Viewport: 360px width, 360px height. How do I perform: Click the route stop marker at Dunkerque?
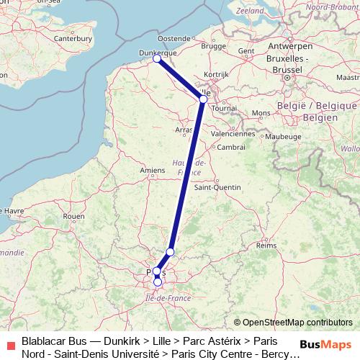coord(157,59)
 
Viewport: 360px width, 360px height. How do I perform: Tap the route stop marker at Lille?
coord(203,99)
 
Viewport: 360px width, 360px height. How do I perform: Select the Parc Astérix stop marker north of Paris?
coord(170,251)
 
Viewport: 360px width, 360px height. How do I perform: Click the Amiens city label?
coord(153,170)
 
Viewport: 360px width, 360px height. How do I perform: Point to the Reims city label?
coord(266,246)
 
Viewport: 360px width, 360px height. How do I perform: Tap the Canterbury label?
coord(72,37)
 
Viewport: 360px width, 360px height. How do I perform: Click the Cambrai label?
coord(231,146)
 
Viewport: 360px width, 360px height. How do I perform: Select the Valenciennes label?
coord(233,134)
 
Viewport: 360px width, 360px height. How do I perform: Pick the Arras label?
coord(184,130)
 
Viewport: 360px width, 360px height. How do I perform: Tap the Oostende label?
coord(174,37)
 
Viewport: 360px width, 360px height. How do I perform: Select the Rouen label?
coord(75,216)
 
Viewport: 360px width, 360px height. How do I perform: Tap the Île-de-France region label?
coord(168,297)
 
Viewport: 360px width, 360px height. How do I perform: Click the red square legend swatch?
coord(10,343)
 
